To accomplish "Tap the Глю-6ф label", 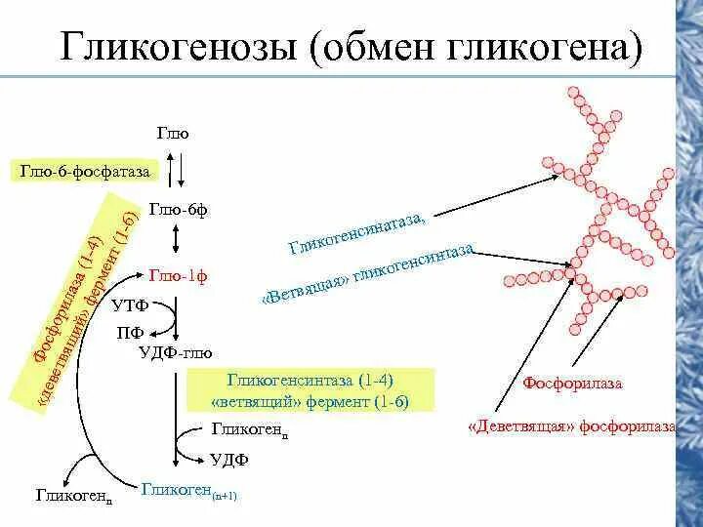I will pos(178,208).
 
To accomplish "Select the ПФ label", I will pos(130,332).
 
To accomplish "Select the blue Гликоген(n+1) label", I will pos(188,491).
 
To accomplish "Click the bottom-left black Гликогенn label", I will pos(73,496).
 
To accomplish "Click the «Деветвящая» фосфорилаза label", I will pos(572,426).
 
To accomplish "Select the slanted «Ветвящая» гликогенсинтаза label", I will pos(369,277).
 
